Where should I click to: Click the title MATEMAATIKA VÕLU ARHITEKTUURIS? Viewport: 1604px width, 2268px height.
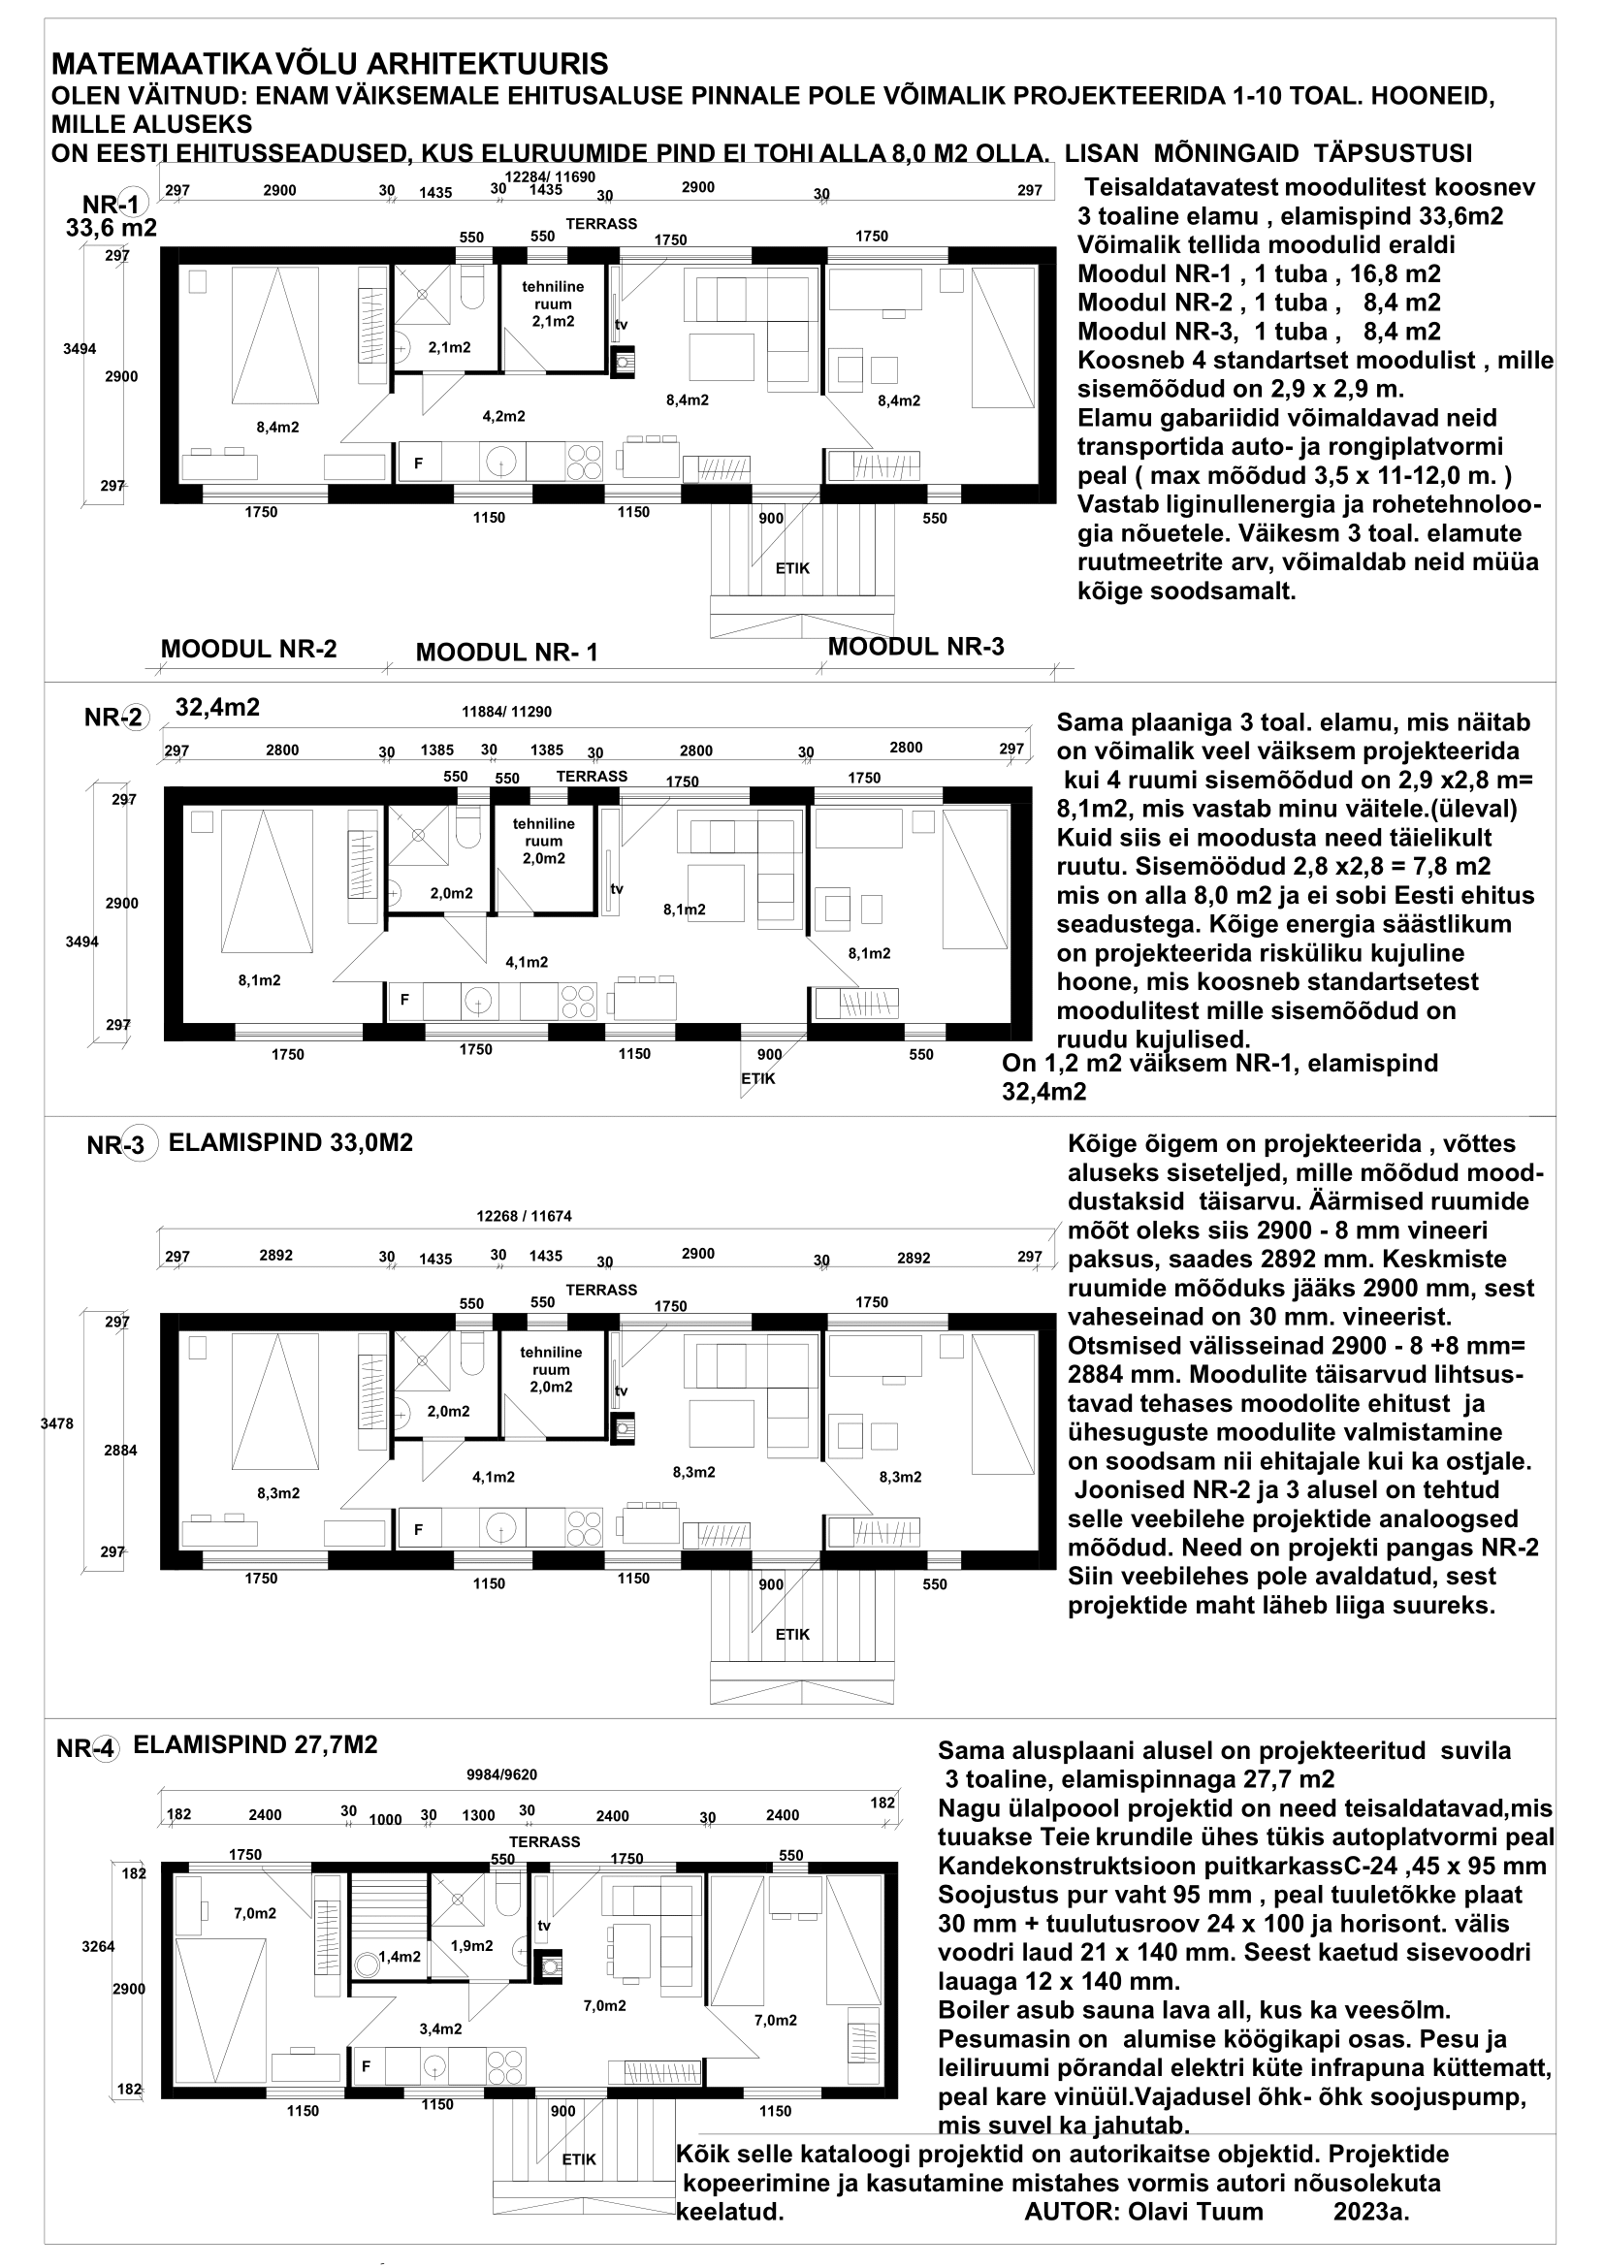click(x=329, y=65)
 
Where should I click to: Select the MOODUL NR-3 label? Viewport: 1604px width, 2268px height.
click(x=915, y=647)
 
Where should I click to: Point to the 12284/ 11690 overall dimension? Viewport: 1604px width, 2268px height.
click(x=549, y=176)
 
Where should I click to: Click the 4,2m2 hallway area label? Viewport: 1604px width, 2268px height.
click(x=503, y=416)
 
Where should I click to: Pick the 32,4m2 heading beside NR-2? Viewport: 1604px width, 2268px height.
click(x=217, y=707)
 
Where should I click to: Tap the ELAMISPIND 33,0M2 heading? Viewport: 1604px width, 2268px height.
click(x=290, y=1143)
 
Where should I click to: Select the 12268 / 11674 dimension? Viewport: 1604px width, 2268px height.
click(x=524, y=1216)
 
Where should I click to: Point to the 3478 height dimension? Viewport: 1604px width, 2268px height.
click(x=57, y=1423)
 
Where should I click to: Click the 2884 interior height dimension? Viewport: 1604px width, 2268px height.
click(x=121, y=1450)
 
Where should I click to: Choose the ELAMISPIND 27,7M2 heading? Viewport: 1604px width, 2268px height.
click(x=255, y=1744)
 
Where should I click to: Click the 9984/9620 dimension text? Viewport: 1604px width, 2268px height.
click(x=501, y=1774)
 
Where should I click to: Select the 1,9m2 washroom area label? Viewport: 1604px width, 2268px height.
click(x=471, y=1946)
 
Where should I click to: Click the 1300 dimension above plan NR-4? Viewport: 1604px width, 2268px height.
click(x=479, y=1814)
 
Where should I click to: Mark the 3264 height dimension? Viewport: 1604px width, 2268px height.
click(x=99, y=1947)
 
